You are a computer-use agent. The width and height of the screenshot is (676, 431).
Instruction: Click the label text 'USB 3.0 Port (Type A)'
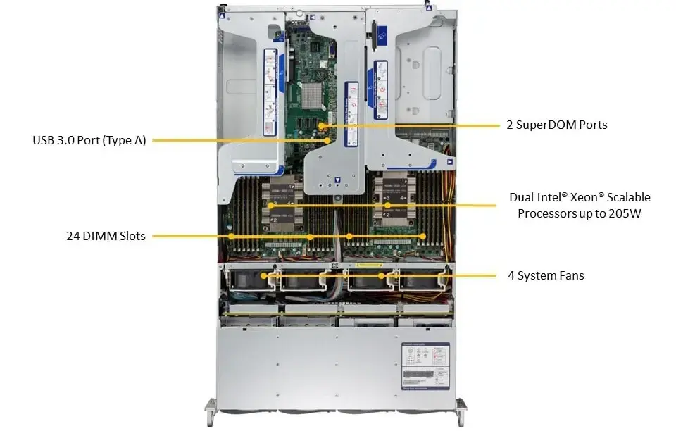[89, 140]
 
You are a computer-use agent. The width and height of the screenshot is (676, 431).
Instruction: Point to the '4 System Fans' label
[546, 275]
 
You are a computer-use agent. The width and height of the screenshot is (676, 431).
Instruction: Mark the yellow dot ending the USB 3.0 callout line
[328, 140]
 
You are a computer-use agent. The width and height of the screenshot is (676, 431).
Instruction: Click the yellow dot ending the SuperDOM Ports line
[321, 125]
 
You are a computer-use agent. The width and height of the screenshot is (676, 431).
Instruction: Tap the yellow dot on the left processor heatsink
[271, 205]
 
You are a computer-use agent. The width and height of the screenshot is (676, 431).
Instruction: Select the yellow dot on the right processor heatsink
[387, 205]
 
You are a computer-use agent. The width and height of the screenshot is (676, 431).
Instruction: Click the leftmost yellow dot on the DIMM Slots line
[230, 236]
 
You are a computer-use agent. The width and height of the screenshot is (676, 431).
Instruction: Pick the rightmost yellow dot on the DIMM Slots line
[423, 236]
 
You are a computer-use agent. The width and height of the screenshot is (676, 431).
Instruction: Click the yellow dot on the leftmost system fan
[264, 276]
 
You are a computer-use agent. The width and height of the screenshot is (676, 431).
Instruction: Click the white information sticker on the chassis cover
[420, 365]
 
